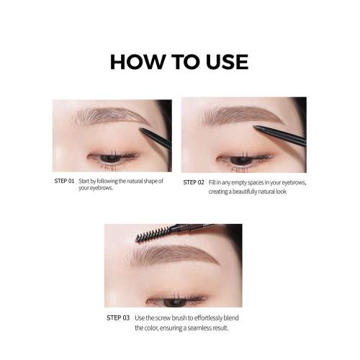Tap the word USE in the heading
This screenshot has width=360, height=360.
click(220, 62)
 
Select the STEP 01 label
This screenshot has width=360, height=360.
click(64, 181)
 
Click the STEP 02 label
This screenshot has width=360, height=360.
click(194, 183)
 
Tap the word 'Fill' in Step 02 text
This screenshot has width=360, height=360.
click(214, 183)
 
